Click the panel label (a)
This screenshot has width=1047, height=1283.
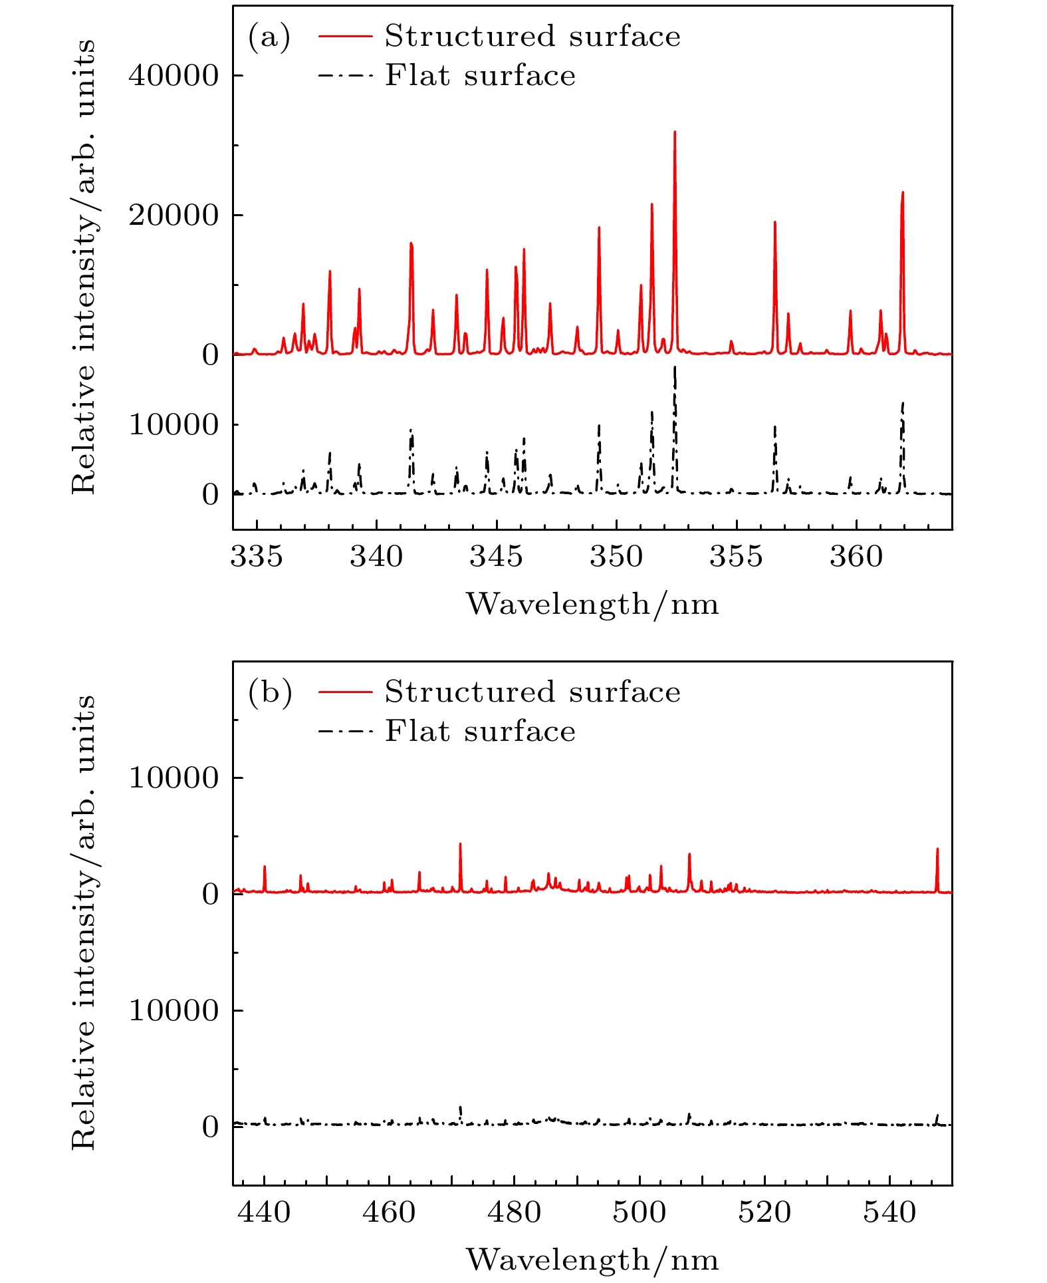pyautogui.click(x=269, y=37)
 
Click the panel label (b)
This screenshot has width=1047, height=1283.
pyautogui.click(x=270, y=692)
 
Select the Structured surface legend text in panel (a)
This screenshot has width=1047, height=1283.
pyautogui.click(x=532, y=36)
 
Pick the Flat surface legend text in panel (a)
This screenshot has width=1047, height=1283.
pyautogui.click(x=480, y=75)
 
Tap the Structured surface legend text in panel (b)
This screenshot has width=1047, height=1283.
pyautogui.click(x=532, y=692)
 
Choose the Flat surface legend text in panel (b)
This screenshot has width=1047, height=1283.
pyautogui.click(x=480, y=731)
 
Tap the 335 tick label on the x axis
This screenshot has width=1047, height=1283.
pyautogui.click(x=257, y=556)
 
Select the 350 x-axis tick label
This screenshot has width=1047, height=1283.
pyautogui.click(x=616, y=556)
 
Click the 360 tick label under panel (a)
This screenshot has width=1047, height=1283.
pyautogui.click(x=856, y=556)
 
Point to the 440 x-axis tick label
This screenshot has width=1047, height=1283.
pyautogui.click(x=265, y=1212)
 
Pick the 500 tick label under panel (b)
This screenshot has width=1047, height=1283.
pyautogui.click(x=640, y=1212)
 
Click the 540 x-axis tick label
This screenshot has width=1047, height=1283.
pyautogui.click(x=889, y=1212)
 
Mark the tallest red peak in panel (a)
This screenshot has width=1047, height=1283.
pyautogui.click(x=675, y=133)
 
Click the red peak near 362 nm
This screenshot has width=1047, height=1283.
pyautogui.click(x=902, y=194)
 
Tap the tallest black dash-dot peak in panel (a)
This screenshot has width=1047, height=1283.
pyautogui.click(x=675, y=368)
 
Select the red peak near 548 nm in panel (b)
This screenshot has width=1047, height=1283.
pyautogui.click(x=937, y=850)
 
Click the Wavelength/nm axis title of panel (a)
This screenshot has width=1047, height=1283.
pyautogui.click(x=592, y=604)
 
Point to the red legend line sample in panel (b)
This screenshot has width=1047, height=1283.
pyautogui.click(x=344, y=692)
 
